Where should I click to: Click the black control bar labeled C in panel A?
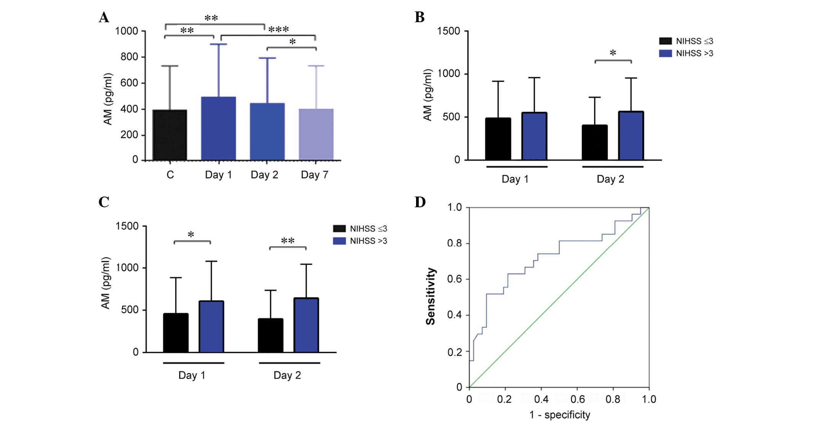[x=170, y=135]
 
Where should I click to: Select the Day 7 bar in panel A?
[x=316, y=134]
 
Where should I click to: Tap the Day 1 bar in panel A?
[x=218, y=128]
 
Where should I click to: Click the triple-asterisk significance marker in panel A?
[x=278, y=29]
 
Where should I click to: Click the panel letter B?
[x=420, y=17]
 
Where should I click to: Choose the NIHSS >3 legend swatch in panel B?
[x=665, y=53]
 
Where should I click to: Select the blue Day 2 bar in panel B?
[x=631, y=136]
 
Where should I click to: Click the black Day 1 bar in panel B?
[x=498, y=139]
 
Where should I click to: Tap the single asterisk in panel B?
[x=613, y=53]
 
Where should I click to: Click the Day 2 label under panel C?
[x=287, y=375]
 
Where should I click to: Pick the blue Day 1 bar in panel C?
[x=211, y=327]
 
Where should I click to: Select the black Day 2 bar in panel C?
[x=270, y=335]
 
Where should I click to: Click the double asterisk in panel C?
[x=288, y=241]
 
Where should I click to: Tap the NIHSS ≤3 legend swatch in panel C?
[x=339, y=229]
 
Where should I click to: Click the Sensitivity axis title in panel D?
[x=431, y=296]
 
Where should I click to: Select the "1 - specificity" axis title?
[x=559, y=414]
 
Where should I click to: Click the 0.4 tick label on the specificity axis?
[x=541, y=400]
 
